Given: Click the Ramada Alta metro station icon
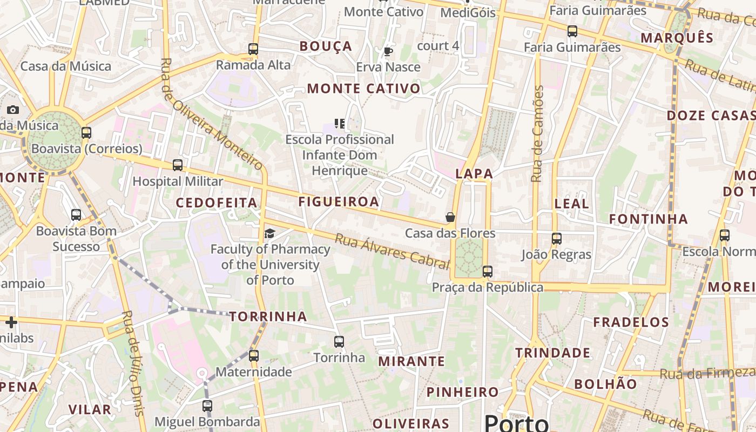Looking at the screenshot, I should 253,49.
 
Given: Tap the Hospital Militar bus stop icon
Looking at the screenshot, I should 178,165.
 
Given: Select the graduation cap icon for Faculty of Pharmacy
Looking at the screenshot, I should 269,233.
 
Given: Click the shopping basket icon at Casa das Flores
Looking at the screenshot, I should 450,217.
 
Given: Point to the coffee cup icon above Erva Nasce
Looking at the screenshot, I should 388,52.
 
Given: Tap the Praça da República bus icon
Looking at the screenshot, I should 488,271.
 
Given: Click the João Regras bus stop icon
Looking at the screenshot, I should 557,238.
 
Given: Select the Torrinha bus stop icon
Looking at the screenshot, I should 339,341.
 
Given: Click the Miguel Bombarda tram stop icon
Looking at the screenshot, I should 207,406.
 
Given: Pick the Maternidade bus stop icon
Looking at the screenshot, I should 254,356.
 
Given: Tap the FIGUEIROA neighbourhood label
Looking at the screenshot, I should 339,202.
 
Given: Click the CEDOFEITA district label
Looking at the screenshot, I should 217,203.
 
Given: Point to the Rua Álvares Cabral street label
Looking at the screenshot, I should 392,251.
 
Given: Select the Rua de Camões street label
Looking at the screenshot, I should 537,133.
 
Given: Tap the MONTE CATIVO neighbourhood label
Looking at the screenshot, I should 363,89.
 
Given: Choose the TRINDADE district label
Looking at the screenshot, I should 552,353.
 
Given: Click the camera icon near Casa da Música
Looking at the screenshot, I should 12,110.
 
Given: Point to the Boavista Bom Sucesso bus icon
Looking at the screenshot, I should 76,215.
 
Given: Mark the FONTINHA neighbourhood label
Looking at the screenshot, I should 649,219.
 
